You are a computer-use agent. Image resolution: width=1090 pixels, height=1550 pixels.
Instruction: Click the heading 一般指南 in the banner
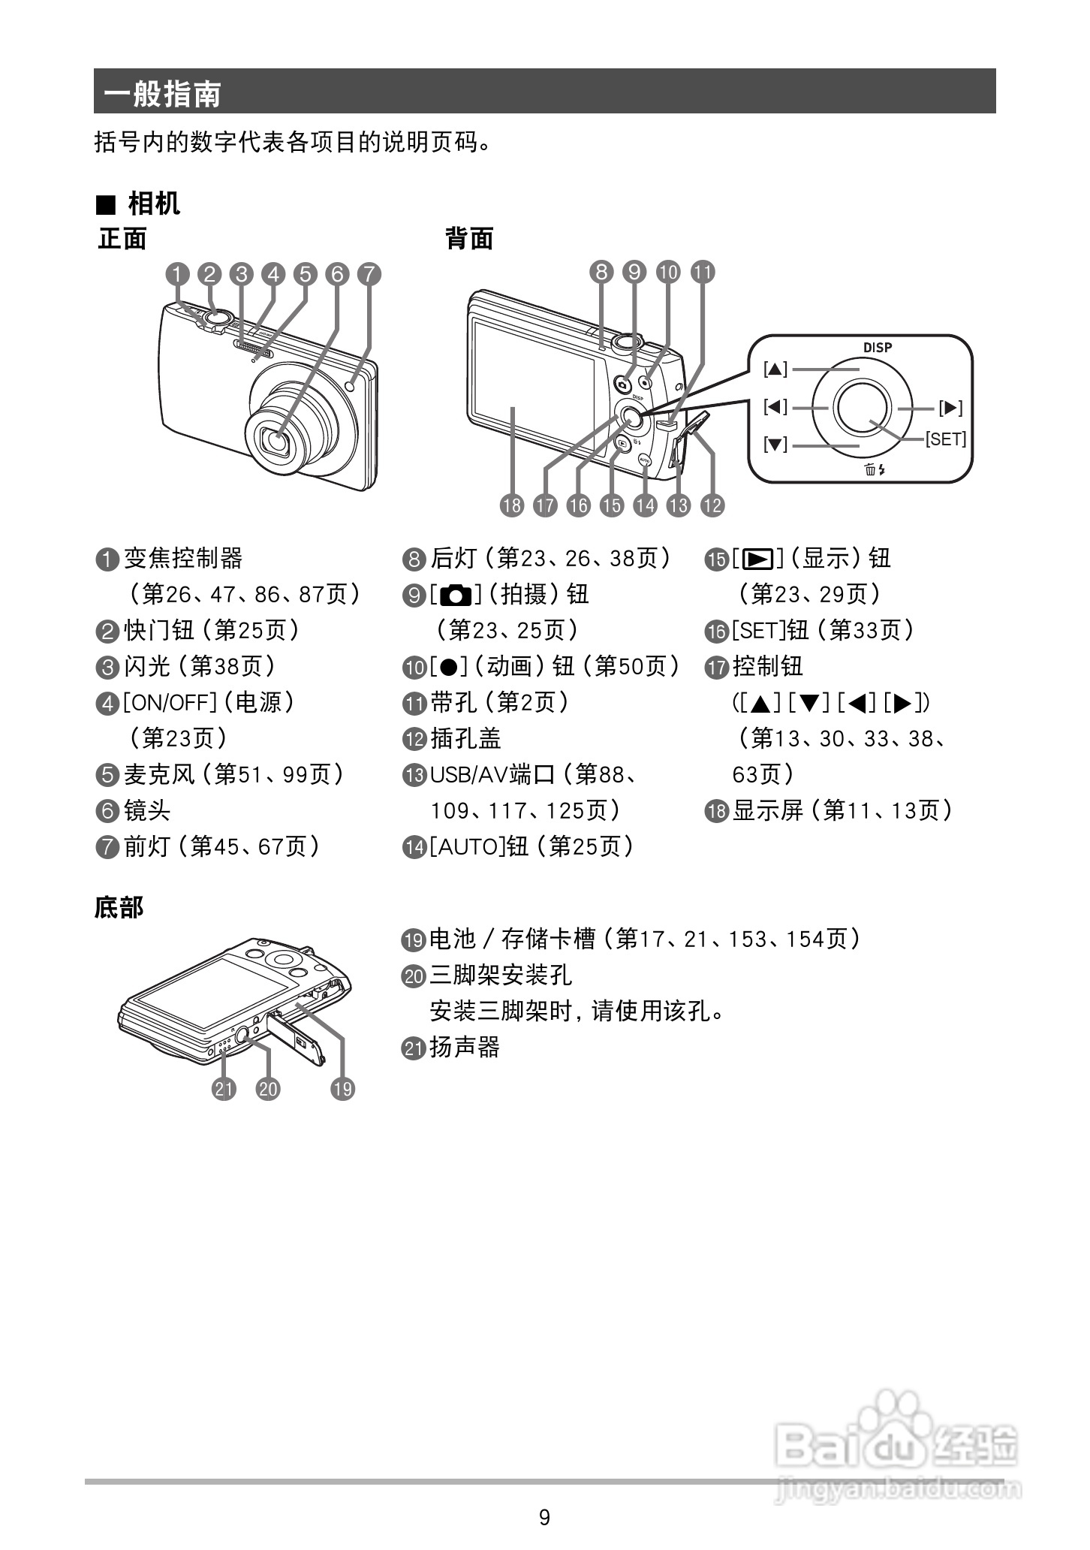tap(162, 94)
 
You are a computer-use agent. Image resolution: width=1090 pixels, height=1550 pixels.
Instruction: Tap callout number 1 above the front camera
tap(178, 274)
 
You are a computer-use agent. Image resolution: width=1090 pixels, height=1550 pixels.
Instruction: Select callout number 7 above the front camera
tap(369, 274)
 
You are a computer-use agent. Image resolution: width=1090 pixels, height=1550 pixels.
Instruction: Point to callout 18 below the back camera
tap(512, 505)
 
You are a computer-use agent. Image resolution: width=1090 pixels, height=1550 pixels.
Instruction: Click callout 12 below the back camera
tap(712, 505)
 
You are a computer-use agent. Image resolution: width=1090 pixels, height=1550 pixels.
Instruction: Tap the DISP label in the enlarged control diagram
tap(877, 348)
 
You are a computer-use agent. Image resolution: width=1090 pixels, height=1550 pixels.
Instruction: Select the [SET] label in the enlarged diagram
tap(945, 439)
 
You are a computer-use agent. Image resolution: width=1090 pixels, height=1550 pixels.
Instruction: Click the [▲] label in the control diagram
tap(775, 369)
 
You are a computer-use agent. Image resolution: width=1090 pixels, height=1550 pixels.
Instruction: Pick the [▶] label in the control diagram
tap(950, 408)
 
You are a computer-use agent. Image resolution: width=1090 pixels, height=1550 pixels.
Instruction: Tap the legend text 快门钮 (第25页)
tap(211, 630)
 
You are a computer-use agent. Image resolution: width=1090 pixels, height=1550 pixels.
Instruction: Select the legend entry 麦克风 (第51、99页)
tap(233, 774)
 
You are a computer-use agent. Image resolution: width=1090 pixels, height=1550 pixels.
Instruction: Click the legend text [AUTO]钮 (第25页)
tap(531, 847)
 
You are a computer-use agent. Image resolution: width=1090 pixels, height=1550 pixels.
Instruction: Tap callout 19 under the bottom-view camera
tap(342, 1089)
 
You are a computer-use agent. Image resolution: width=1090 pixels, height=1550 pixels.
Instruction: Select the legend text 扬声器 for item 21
tap(464, 1047)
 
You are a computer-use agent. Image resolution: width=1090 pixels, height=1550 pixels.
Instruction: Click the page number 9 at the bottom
tap(544, 1518)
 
